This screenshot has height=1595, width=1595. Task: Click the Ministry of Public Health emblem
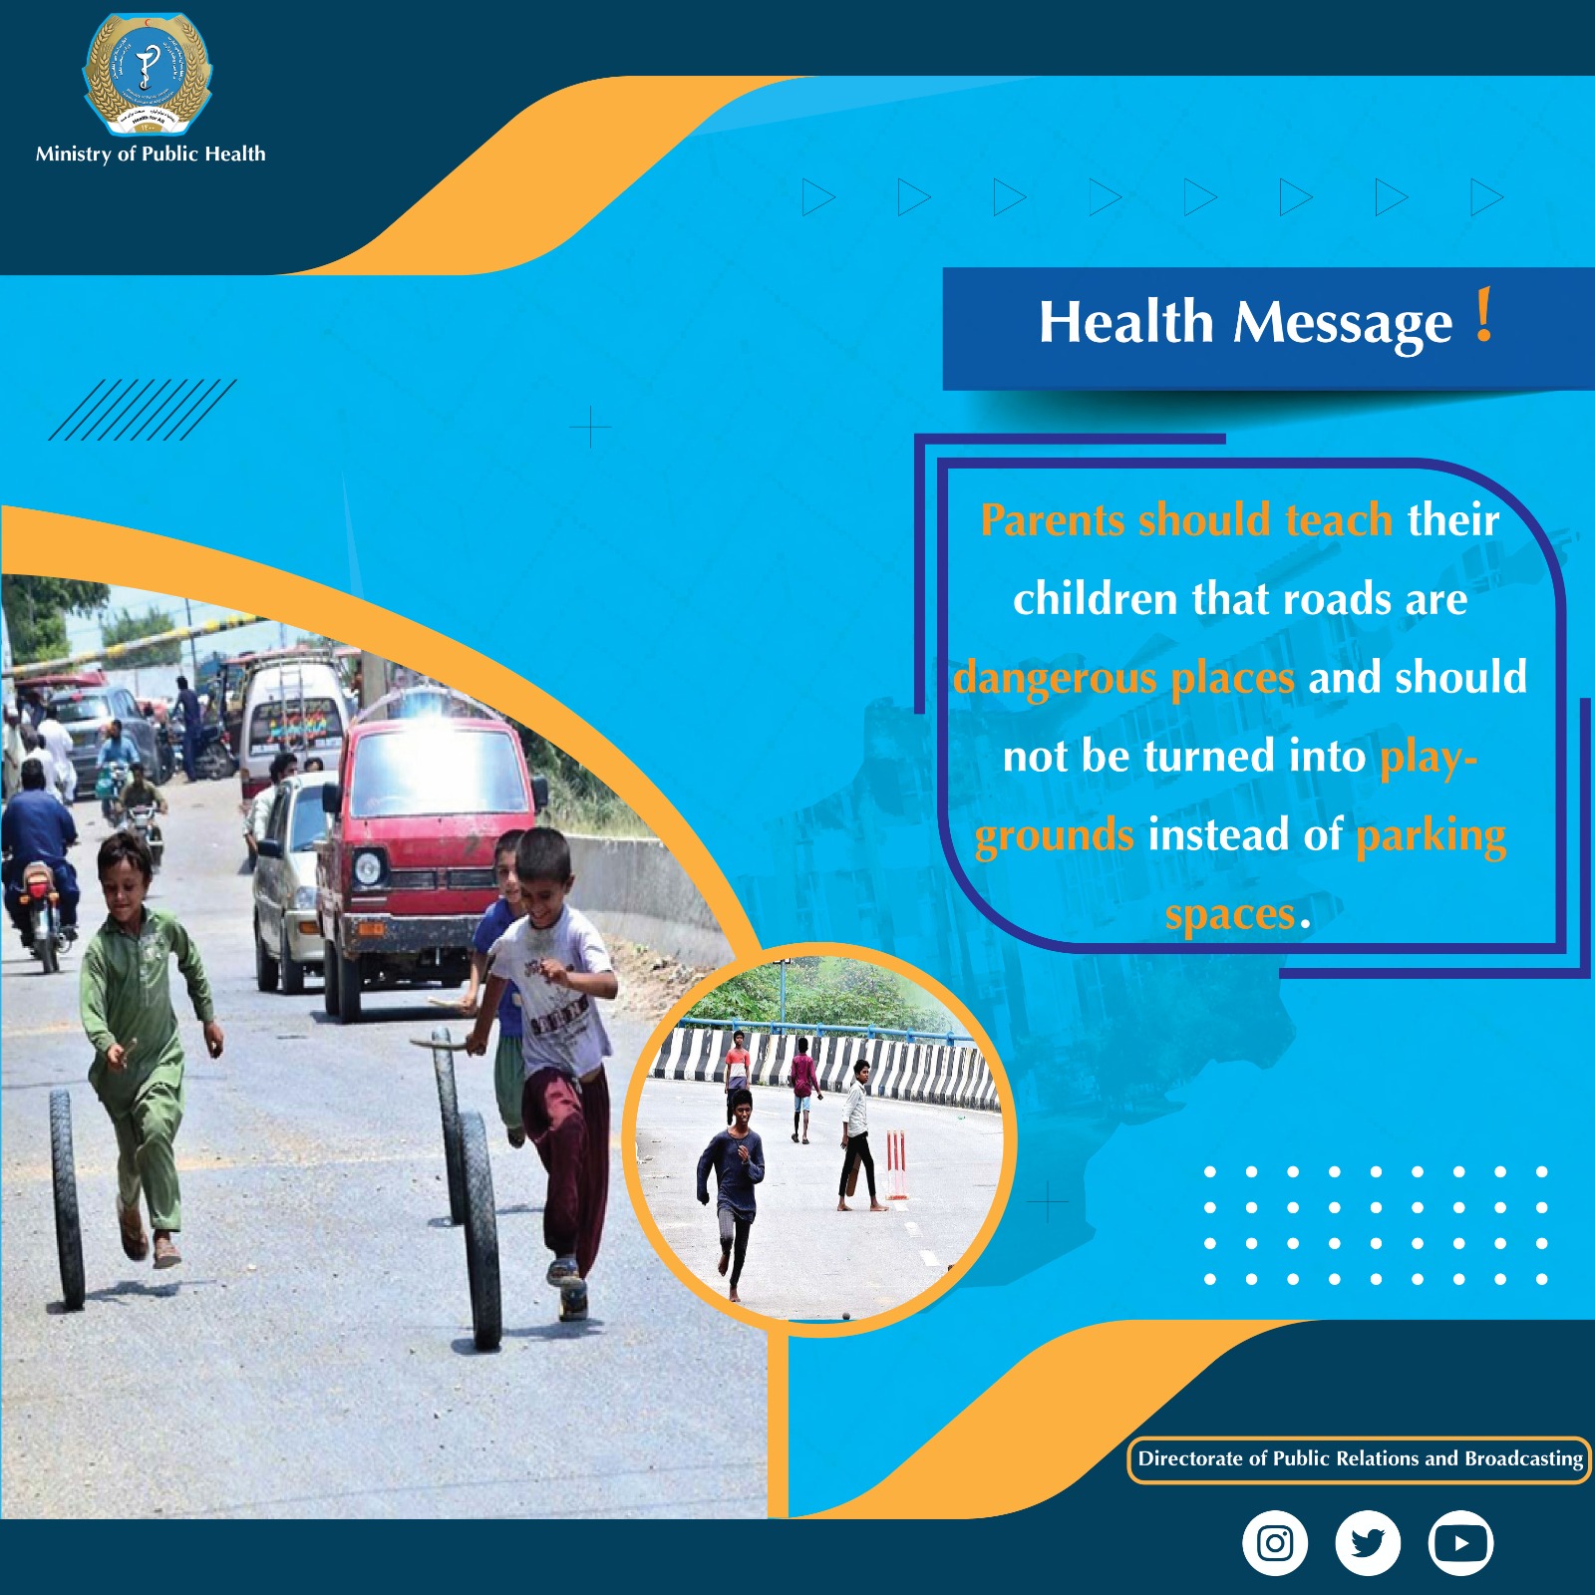tap(148, 75)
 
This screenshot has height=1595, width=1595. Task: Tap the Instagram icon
tap(1274, 1543)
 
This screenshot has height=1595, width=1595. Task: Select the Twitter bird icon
tap(1367, 1543)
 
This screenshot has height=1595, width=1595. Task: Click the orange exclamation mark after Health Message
tap(1484, 316)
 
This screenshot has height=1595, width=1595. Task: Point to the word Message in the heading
tap(1343, 323)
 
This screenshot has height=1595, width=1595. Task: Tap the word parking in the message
tap(1431, 835)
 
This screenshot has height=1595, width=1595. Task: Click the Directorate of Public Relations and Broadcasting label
tap(1360, 1459)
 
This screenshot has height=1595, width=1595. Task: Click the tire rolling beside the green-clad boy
tap(67, 1196)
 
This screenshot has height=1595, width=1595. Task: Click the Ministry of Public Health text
tap(151, 154)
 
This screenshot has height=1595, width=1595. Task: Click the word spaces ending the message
tap(1230, 915)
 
